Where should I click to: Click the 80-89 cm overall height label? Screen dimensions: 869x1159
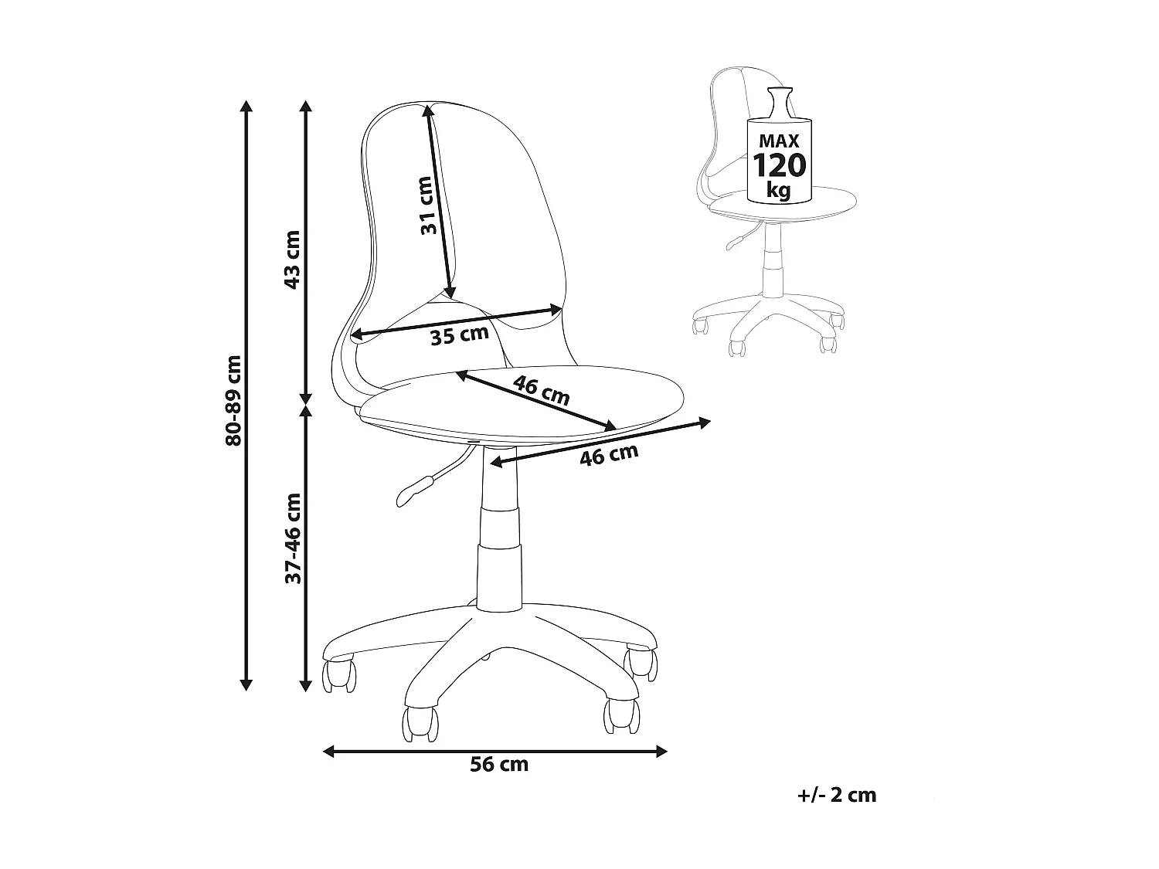[x=233, y=401]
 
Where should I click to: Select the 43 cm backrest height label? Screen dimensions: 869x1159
[x=292, y=260]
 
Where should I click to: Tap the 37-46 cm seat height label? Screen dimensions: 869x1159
[x=292, y=538]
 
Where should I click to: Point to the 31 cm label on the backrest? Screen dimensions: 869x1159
[x=427, y=206]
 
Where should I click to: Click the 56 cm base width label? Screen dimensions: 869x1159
[x=499, y=765]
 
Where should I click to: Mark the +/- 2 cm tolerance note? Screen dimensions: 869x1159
[x=838, y=795]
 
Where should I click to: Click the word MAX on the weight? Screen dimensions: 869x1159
[x=779, y=141]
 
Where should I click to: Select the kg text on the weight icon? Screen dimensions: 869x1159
[x=779, y=189]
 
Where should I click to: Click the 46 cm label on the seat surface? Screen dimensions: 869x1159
[x=541, y=391]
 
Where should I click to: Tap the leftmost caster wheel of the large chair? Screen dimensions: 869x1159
[x=340, y=674]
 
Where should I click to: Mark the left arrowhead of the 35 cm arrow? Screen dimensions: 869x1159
[x=356, y=335]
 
